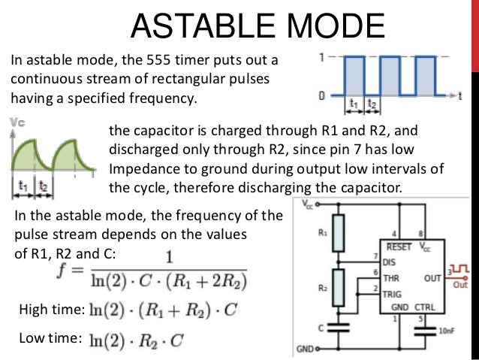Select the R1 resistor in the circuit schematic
(x=338, y=229)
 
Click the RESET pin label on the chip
(x=398, y=246)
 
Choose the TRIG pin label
(x=393, y=294)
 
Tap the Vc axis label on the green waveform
(x=17, y=121)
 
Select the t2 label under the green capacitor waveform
(x=44, y=184)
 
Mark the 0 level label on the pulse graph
(x=321, y=95)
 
